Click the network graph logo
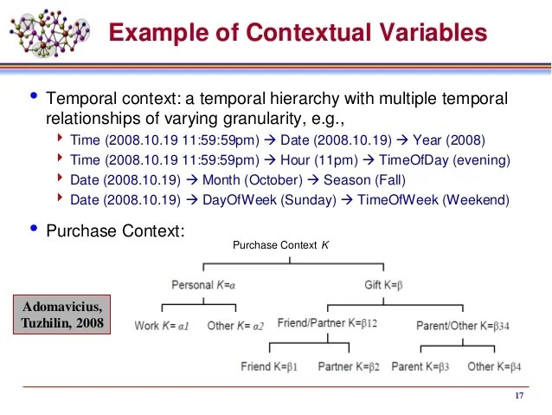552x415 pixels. (49, 33)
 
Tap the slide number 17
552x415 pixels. (519, 396)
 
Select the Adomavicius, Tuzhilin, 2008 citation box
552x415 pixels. (62, 314)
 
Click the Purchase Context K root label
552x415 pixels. (280, 245)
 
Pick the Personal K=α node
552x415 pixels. (203, 284)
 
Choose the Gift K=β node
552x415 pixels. (383, 284)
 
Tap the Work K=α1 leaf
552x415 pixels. (162, 326)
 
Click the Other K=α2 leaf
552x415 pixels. (235, 326)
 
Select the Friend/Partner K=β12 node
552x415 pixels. (327, 322)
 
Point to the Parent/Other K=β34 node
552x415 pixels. (463, 326)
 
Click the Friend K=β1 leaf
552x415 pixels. (269, 366)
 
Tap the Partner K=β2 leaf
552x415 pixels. (349, 366)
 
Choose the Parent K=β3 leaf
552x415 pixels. (420, 366)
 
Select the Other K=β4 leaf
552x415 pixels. (494, 366)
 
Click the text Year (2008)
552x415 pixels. (449, 140)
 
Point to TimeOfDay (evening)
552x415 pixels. (444, 160)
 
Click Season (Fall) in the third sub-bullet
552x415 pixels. (364, 180)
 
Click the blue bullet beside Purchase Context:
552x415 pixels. (34, 228)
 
